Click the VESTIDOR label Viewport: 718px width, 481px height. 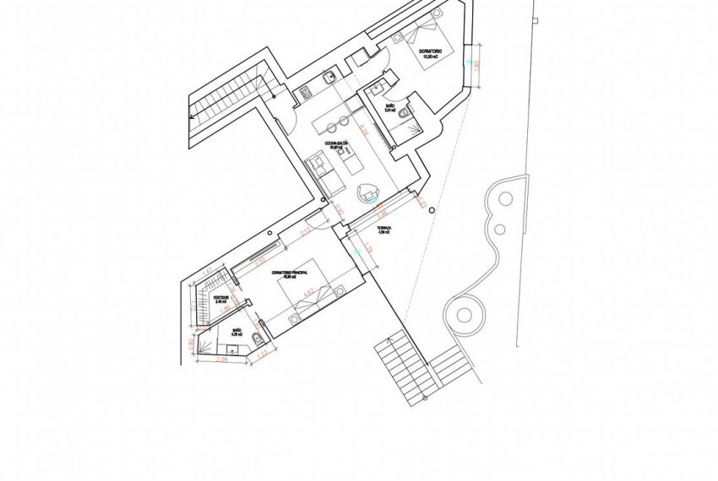tap(221, 299)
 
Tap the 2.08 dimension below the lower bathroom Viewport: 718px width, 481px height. tap(221, 359)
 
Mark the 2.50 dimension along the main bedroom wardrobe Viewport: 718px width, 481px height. tap(261, 257)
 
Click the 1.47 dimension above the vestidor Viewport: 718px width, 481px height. tap(208, 271)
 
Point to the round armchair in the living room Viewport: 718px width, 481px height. tap(370, 192)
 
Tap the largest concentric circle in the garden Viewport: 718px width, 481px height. tap(465, 316)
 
